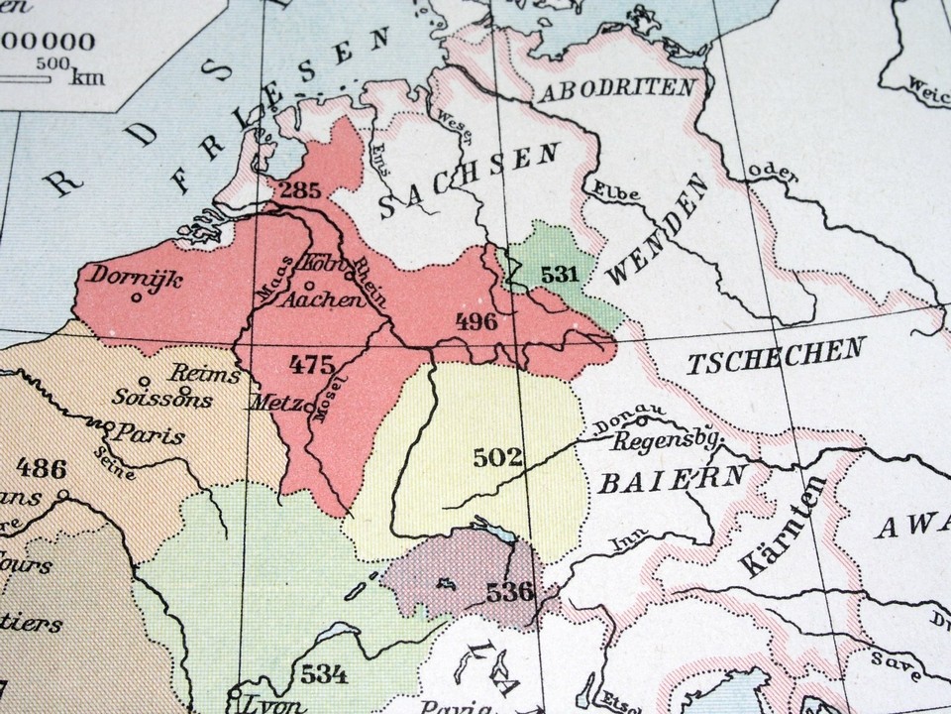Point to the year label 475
coord(311,364)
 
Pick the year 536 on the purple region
coord(510,592)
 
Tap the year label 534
coord(326,675)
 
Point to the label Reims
coord(205,375)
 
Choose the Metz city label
coord(279,405)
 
